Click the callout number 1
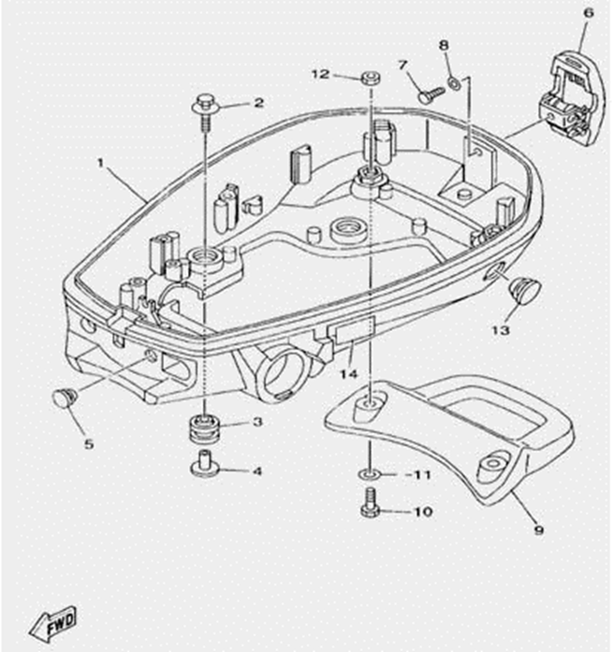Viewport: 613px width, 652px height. click(100, 163)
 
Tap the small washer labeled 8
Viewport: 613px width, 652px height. click(454, 83)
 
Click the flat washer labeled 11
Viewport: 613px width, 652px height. click(371, 475)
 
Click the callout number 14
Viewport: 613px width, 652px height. click(349, 374)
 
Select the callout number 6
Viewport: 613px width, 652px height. click(588, 14)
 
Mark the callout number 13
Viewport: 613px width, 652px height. click(501, 330)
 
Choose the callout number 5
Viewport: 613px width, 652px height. click(89, 443)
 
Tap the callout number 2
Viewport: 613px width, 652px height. click(258, 103)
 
